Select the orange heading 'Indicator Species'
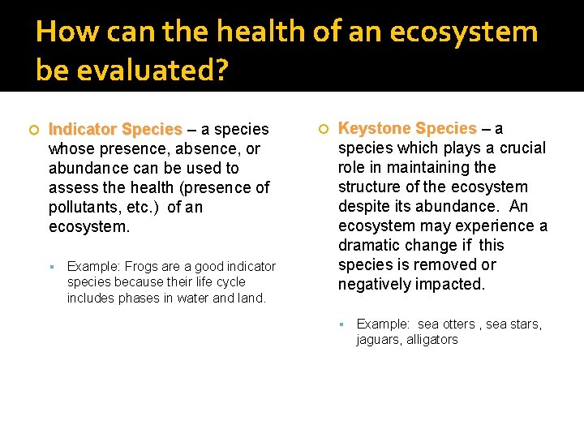pyautogui.click(x=115, y=130)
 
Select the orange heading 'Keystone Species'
pyautogui.click(x=407, y=129)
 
